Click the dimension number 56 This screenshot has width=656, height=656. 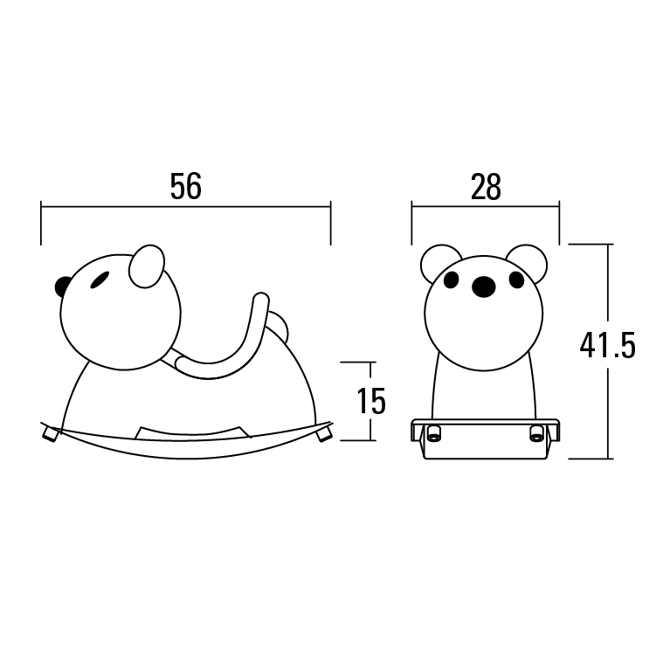(186, 186)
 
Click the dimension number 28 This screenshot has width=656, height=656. (486, 187)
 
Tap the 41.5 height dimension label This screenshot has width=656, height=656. (607, 345)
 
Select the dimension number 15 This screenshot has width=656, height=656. (371, 401)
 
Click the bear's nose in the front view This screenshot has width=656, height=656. (483, 287)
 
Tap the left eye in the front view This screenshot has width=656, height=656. (452, 280)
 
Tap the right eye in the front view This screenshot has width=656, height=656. (517, 280)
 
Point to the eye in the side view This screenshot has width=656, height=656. (100, 280)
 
